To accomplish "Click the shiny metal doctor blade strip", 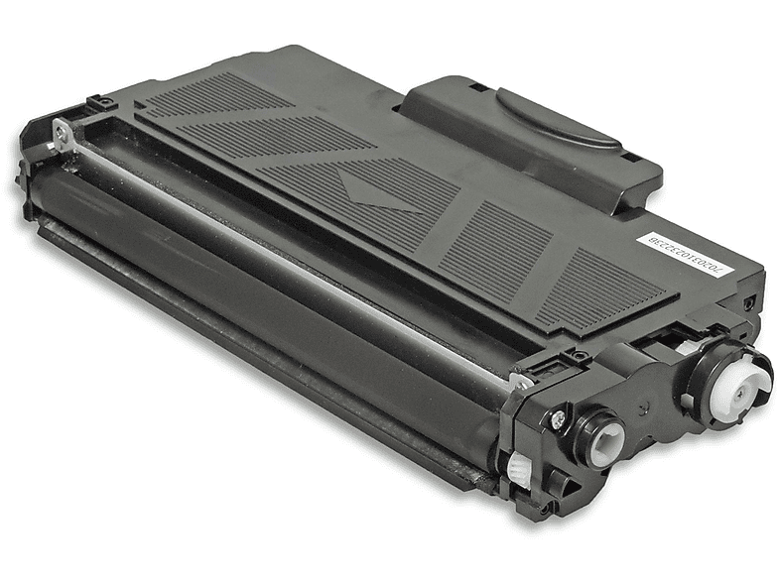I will (x=298, y=263).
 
